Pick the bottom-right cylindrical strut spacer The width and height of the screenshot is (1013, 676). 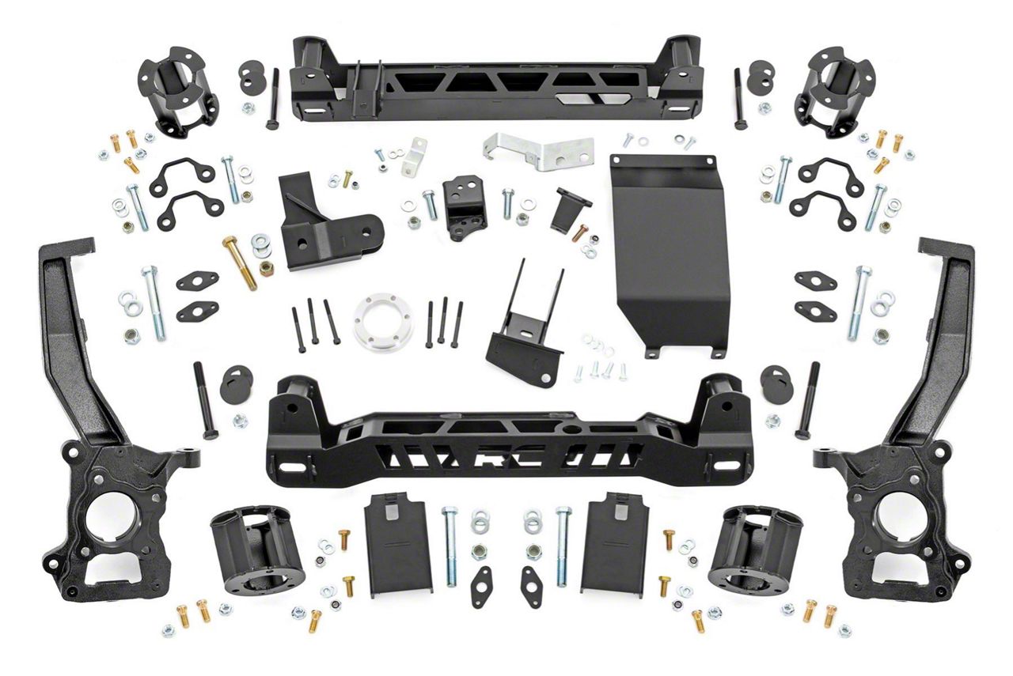point(755,548)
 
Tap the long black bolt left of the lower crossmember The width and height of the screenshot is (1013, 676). point(205,400)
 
